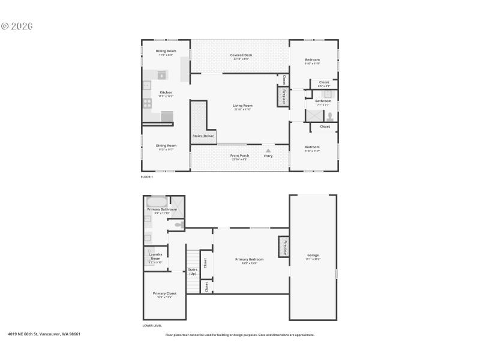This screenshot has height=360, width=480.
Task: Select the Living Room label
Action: pyautogui.click(x=242, y=107)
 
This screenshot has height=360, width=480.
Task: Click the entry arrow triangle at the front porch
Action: pyautogui.click(x=268, y=151)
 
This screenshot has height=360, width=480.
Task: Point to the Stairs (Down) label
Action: pyautogui.click(x=203, y=136)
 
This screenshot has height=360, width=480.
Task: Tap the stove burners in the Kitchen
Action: pyautogui.click(x=147, y=103)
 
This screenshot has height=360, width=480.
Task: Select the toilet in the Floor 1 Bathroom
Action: pyautogui.click(x=330, y=116)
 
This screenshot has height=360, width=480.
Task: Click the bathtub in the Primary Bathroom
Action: pyautogui.click(x=157, y=202)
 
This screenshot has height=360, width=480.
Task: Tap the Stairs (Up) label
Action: pyautogui.click(x=193, y=272)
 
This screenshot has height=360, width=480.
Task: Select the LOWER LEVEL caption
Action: pyautogui.click(x=152, y=326)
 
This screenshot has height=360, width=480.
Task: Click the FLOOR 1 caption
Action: pyautogui.click(x=147, y=177)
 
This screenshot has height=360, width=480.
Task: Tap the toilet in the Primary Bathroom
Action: pyautogui.click(x=178, y=225)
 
